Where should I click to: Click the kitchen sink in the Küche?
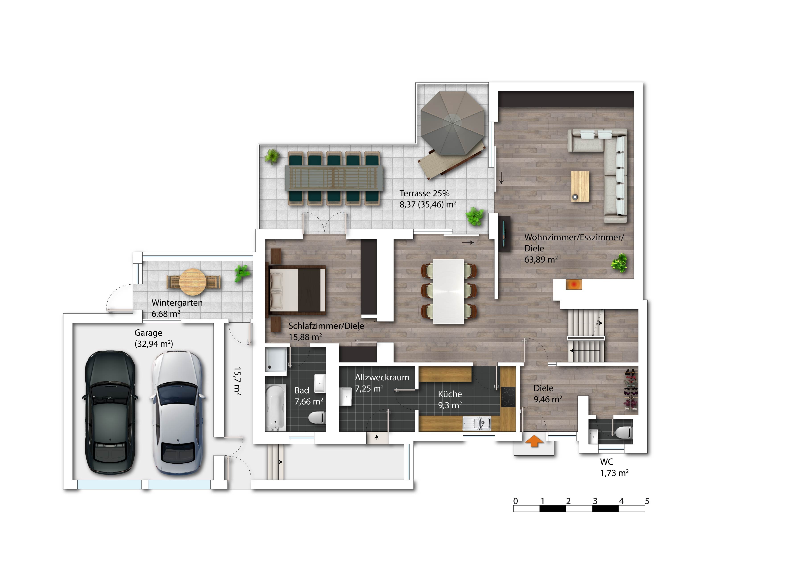477,423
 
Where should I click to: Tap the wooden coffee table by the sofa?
580,186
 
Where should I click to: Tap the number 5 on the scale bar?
647,501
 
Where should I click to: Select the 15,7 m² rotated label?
237,381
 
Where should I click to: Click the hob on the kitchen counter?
508,397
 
